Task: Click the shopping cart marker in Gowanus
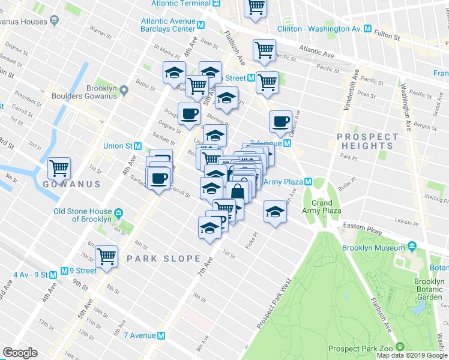point(59,169)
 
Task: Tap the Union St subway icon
point(138,146)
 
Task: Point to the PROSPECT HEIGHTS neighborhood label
point(367,142)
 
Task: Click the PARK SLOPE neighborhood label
point(164,259)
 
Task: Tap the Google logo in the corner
point(20,353)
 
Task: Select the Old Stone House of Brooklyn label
point(83,215)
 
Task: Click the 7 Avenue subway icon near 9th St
point(161,336)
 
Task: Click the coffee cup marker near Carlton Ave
point(280,122)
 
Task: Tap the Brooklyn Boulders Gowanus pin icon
point(124,91)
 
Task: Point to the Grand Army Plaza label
point(327,207)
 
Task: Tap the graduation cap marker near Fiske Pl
point(275,212)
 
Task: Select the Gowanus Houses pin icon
point(55,22)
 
